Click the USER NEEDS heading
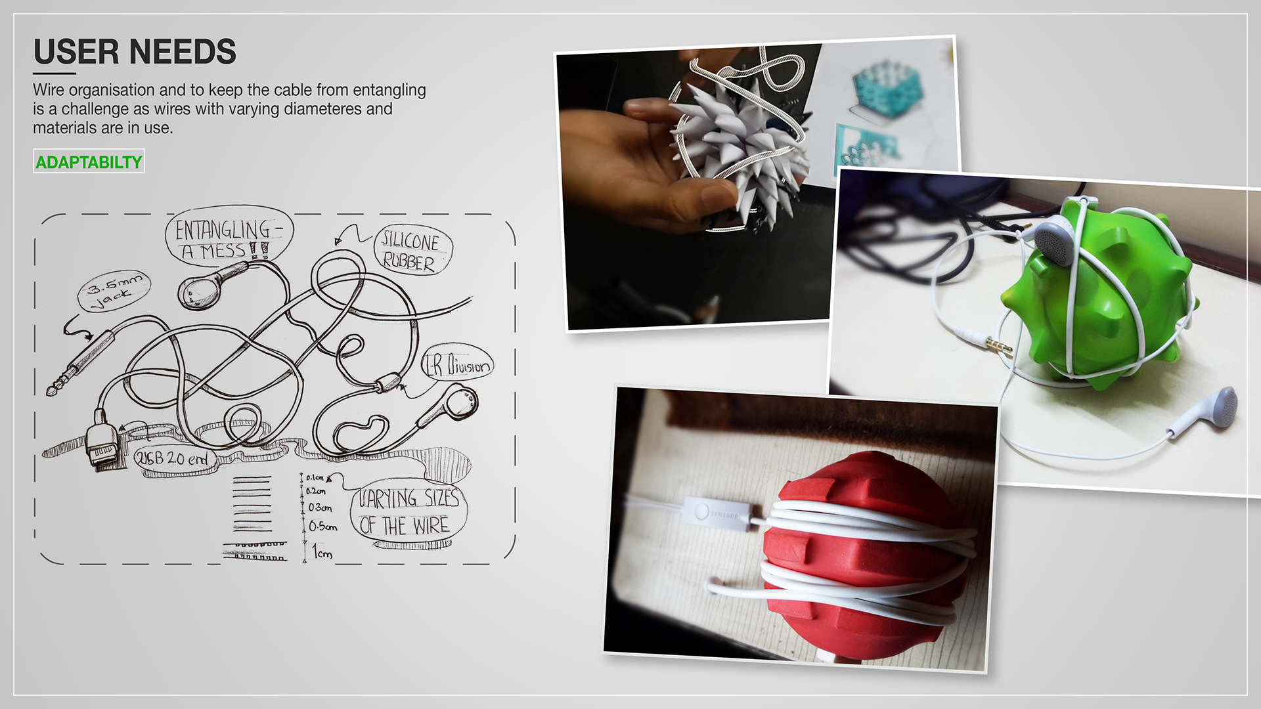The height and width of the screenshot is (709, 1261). tap(135, 52)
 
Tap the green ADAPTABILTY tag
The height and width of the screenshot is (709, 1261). tap(89, 162)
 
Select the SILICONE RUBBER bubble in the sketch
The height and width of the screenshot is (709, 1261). tap(410, 252)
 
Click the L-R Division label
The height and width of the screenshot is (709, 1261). tap(458, 366)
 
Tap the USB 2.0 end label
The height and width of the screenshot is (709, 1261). tap(171, 458)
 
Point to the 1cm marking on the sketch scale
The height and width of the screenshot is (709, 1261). tap(321, 552)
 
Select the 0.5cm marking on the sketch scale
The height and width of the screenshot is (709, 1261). tap(322, 526)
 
